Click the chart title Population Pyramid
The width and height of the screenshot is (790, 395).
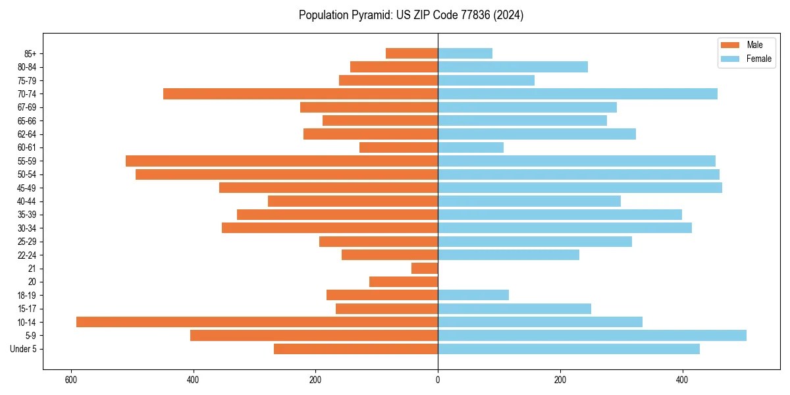411,15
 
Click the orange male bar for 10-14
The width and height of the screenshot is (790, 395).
257,322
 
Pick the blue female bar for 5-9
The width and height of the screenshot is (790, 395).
592,336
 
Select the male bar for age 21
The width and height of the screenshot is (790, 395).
425,269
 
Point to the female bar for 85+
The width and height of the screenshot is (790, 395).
465,53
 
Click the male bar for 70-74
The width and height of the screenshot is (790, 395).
300,94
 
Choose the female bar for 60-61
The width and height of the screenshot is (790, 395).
471,147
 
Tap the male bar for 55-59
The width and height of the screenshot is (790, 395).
282,161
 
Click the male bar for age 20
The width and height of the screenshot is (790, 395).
404,282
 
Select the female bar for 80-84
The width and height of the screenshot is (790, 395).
513,67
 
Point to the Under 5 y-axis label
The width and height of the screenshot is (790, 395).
24,349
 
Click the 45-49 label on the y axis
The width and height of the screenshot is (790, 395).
26,188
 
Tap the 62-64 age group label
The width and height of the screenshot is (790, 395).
26,134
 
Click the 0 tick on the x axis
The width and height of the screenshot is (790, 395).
438,380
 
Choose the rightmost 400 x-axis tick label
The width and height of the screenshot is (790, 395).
682,380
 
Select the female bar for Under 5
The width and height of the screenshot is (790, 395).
569,349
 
